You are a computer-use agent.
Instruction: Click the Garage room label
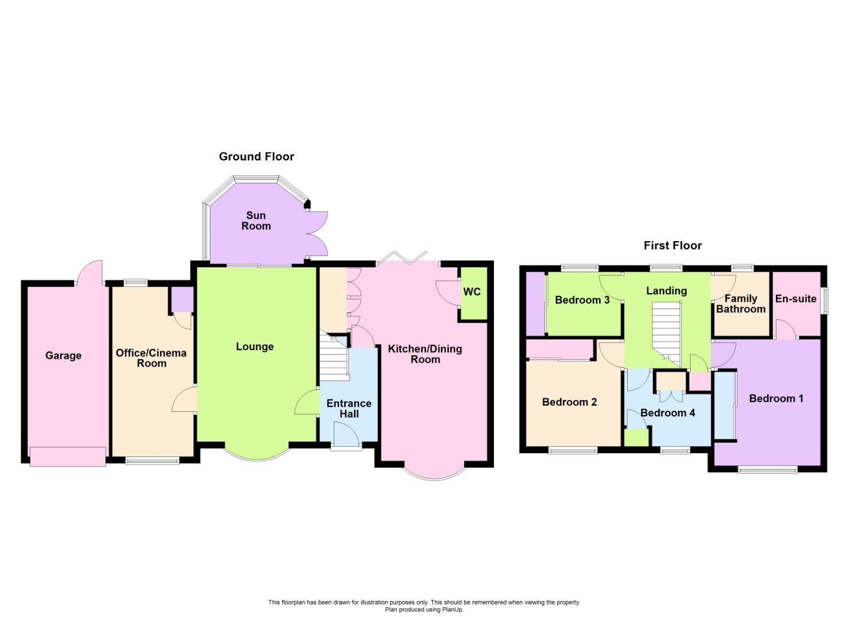pyautogui.click(x=63, y=355)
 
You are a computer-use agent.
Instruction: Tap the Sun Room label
pyautogui.click(x=256, y=221)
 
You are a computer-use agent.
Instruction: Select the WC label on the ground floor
pyautogui.click(x=472, y=292)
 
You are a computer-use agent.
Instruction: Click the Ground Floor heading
pyautogui.click(x=256, y=157)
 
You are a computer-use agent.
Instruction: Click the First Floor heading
pyautogui.click(x=672, y=246)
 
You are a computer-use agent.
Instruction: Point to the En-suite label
pyautogui.click(x=795, y=298)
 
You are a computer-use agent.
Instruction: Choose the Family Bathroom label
pyautogui.click(x=740, y=304)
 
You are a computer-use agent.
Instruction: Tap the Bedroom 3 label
pyautogui.click(x=581, y=300)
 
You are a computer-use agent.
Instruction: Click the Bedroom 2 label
pyautogui.click(x=569, y=402)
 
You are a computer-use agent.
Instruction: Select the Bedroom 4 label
pyautogui.click(x=667, y=412)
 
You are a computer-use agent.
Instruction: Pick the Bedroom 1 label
pyautogui.click(x=776, y=398)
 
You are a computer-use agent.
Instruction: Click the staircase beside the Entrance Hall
pyautogui.click(x=334, y=359)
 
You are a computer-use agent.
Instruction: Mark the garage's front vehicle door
pyautogui.click(x=67, y=456)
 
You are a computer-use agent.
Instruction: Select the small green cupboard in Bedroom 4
pyautogui.click(x=636, y=437)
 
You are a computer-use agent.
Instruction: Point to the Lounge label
pyautogui.click(x=254, y=347)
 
